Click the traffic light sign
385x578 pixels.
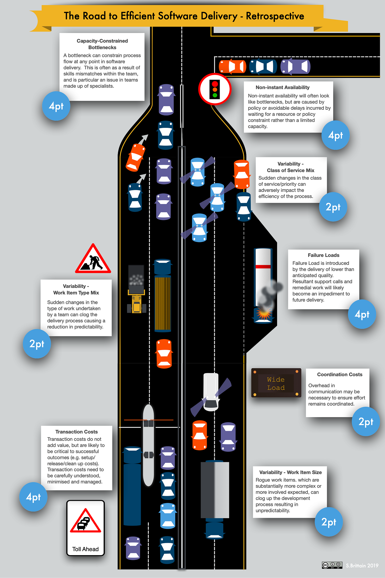215,89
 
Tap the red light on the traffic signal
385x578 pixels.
215,84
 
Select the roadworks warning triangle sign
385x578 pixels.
93,259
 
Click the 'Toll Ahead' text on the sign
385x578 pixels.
85,549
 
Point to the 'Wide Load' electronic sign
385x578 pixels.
276,383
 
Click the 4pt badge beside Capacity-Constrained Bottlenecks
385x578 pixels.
56,106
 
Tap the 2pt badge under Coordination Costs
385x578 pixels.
366,422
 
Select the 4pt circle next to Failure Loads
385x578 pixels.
362,314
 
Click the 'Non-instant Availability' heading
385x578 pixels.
282,87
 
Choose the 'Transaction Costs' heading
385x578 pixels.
76,432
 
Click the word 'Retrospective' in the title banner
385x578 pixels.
275,16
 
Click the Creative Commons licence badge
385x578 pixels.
332,565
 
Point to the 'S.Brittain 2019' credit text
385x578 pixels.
362,566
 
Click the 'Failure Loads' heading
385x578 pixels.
323,255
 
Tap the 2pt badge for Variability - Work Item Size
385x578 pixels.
329,522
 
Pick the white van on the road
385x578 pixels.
211,392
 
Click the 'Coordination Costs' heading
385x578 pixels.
340,375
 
